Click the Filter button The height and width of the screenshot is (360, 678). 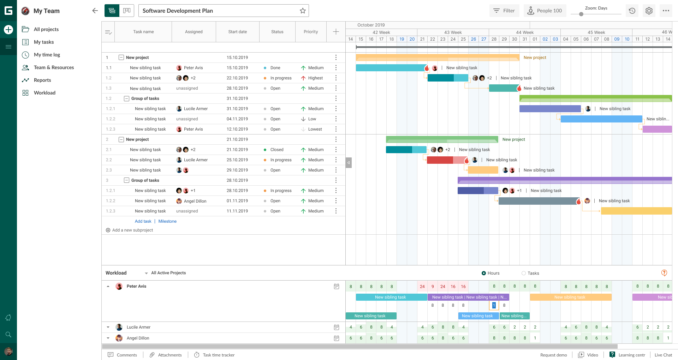[x=504, y=11]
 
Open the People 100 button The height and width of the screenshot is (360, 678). [x=545, y=11]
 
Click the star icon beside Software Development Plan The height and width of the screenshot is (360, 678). [x=303, y=11]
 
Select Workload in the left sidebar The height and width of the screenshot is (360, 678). [x=44, y=93]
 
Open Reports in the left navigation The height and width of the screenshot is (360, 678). [x=42, y=80]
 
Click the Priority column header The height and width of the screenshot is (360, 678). [x=311, y=32]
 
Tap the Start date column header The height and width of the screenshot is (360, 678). [x=237, y=32]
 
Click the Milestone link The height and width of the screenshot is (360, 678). [x=167, y=221]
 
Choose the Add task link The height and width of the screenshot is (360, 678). [x=143, y=221]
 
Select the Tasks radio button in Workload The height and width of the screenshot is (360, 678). [x=524, y=273]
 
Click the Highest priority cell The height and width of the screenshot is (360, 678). [x=315, y=78]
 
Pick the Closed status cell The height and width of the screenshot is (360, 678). [x=277, y=150]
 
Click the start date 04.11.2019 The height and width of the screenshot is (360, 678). [x=237, y=119]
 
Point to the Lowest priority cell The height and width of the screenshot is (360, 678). [x=315, y=129]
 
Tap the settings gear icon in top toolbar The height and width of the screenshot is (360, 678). [x=649, y=11]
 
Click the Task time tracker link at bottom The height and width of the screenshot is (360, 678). [x=219, y=355]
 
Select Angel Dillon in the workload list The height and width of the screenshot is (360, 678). [x=138, y=338]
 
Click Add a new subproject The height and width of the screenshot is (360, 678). [x=132, y=230]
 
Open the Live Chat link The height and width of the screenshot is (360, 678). [x=663, y=355]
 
